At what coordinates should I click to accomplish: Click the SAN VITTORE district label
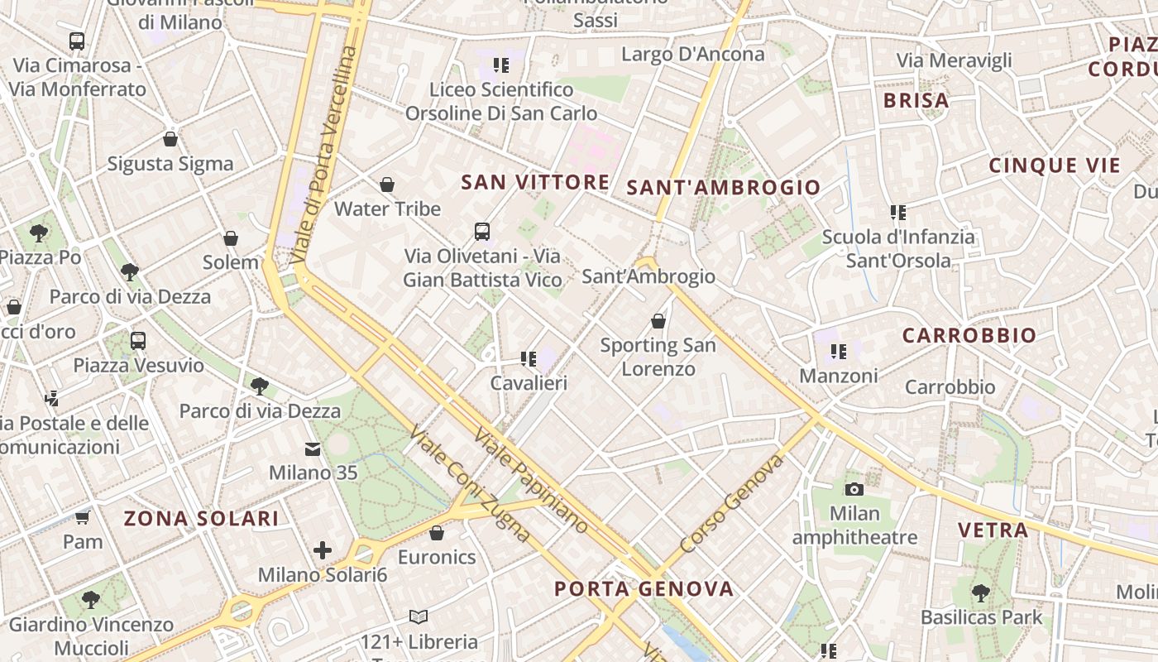[535, 182]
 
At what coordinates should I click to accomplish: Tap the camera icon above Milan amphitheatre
[854, 489]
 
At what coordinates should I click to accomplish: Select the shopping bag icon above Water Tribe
[386, 185]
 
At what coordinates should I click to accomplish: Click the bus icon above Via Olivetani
[482, 232]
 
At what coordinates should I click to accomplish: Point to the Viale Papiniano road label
[531, 481]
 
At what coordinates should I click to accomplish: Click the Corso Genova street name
[731, 503]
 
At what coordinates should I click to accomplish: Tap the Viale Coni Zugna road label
[469, 483]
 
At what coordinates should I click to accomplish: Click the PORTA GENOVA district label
[644, 589]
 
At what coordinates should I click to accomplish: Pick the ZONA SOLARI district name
[201, 519]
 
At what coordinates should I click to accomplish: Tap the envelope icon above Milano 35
[313, 449]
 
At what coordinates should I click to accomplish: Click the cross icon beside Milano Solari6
[323, 550]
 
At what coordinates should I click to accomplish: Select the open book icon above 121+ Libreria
[419, 617]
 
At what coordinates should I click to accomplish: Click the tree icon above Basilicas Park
[980, 593]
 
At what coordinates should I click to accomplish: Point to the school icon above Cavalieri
[528, 359]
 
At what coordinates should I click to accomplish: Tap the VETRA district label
[993, 530]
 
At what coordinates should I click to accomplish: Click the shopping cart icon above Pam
[83, 518]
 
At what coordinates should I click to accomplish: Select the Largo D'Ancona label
[692, 55]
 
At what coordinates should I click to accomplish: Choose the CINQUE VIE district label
[1055, 165]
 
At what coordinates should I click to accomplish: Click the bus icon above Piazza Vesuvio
[138, 341]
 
